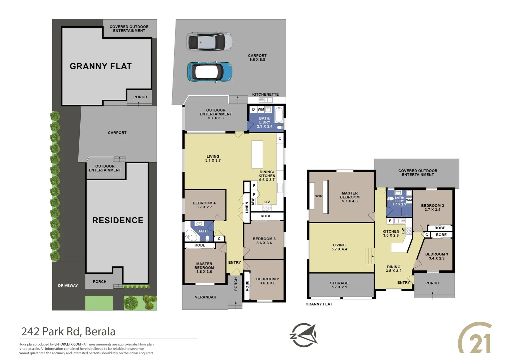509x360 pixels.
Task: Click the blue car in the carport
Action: pos(210,72)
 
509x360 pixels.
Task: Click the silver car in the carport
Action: pos(209,42)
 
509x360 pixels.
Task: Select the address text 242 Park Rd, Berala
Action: pos(68,332)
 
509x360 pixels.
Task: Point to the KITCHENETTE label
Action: pos(265,94)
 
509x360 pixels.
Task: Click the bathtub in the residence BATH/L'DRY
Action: pos(279,115)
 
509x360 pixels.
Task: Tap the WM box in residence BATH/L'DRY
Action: pos(261,109)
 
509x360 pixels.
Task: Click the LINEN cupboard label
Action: pos(247,207)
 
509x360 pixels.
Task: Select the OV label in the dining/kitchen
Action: pos(267,202)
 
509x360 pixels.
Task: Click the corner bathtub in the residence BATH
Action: pos(191,235)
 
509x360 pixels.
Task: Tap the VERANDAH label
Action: pos(206,297)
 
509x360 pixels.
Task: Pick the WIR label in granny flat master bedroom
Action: pos(319,196)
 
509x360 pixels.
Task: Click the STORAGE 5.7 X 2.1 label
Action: pos(339,285)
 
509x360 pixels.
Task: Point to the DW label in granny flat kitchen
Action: pos(403,231)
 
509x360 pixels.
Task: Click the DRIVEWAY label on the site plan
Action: pos(68,286)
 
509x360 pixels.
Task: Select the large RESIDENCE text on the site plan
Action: pos(118,220)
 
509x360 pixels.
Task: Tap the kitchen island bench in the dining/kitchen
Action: pos(257,154)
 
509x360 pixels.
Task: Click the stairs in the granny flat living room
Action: pos(370,256)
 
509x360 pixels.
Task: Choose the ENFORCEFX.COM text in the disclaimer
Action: pos(68,344)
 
